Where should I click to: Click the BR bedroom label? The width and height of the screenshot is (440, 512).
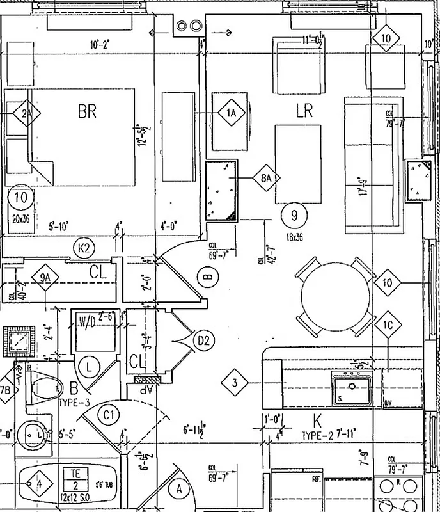tap(87, 111)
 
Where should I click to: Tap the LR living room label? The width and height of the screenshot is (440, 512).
tap(304, 111)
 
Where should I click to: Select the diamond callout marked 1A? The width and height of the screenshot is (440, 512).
tap(232, 113)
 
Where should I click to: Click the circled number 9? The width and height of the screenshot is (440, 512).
tap(294, 215)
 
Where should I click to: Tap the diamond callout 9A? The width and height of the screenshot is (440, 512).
tap(44, 278)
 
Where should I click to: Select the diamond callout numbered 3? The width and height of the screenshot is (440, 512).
tap(235, 383)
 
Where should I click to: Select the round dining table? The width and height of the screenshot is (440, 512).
tap(335, 293)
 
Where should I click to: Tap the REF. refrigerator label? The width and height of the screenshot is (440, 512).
tap(316, 478)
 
